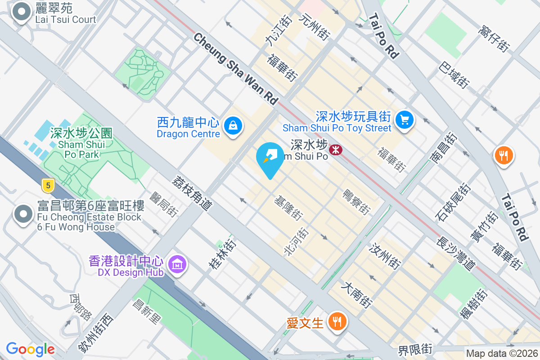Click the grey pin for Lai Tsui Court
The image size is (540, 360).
(22, 13)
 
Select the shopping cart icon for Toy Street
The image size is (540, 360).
(405, 120)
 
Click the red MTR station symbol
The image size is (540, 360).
(335, 150)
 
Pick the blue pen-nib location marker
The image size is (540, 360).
(270, 158)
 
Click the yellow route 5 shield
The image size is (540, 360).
(48, 184)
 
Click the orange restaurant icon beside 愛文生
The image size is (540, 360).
(336, 322)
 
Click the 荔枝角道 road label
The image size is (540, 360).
(192, 193)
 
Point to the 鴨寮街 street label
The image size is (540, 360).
(356, 202)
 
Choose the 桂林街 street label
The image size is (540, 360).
(222, 254)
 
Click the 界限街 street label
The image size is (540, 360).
(415, 349)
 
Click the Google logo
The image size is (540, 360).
(30, 349)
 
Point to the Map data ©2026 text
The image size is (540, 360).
(501, 353)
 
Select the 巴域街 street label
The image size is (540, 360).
(454, 75)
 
